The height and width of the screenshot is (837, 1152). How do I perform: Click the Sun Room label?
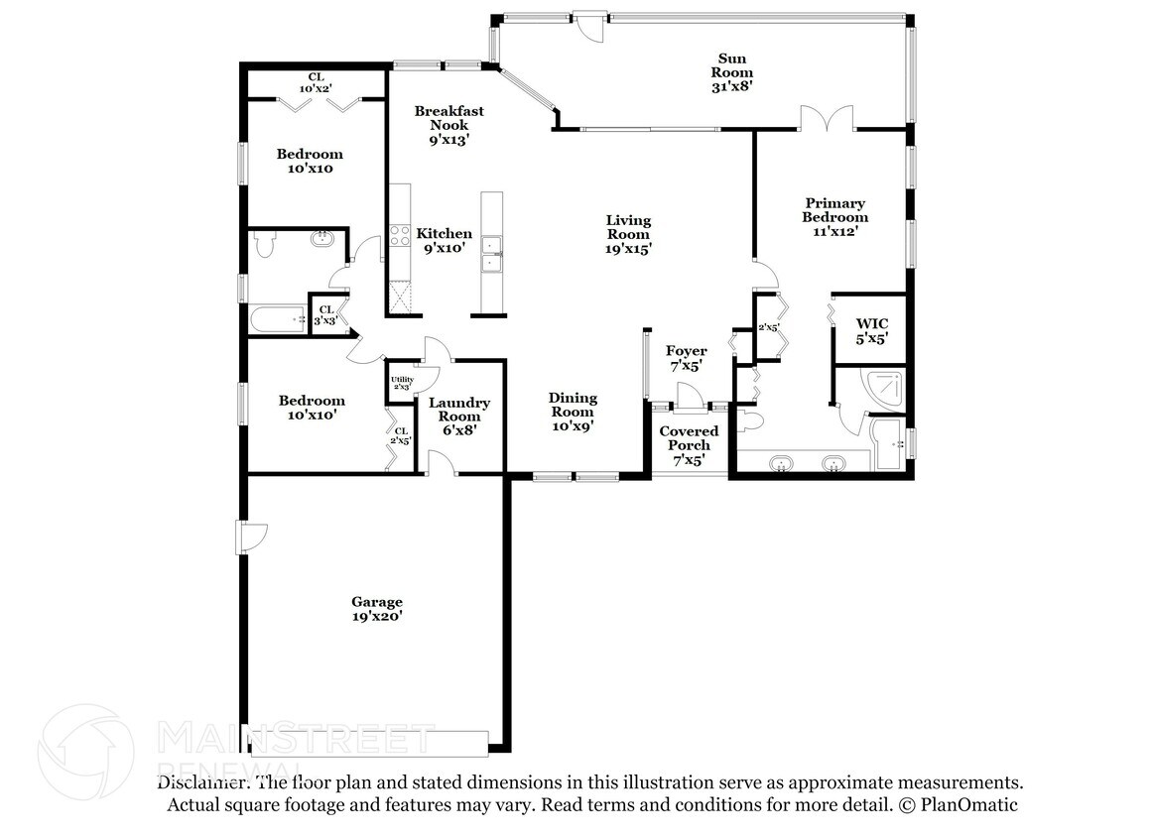click(731, 72)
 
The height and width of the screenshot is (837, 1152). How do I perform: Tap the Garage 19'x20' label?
click(377, 609)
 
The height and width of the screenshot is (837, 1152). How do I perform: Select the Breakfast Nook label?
click(448, 126)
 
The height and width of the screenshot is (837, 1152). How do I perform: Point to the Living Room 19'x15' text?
click(628, 234)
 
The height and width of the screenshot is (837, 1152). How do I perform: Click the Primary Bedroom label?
click(835, 217)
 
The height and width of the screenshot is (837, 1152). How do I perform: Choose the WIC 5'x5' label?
click(872, 331)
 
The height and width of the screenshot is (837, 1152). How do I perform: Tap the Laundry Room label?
click(459, 417)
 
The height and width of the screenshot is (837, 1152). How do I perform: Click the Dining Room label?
click(574, 412)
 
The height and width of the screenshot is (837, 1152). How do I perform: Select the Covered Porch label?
click(689, 445)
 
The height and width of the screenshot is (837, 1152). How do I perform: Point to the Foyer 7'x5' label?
click(687, 358)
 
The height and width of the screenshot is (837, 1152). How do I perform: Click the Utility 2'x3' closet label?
click(402, 383)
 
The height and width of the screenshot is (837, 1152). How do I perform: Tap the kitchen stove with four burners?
click(400, 236)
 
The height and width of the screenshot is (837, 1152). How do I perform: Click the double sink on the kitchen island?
click(491, 253)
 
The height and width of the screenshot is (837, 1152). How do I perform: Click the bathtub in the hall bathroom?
click(279, 319)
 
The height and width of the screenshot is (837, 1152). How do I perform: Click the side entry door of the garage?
click(250, 538)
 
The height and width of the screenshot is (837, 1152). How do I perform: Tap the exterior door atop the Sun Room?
click(589, 27)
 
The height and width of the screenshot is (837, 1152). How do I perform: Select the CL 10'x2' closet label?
click(316, 82)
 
